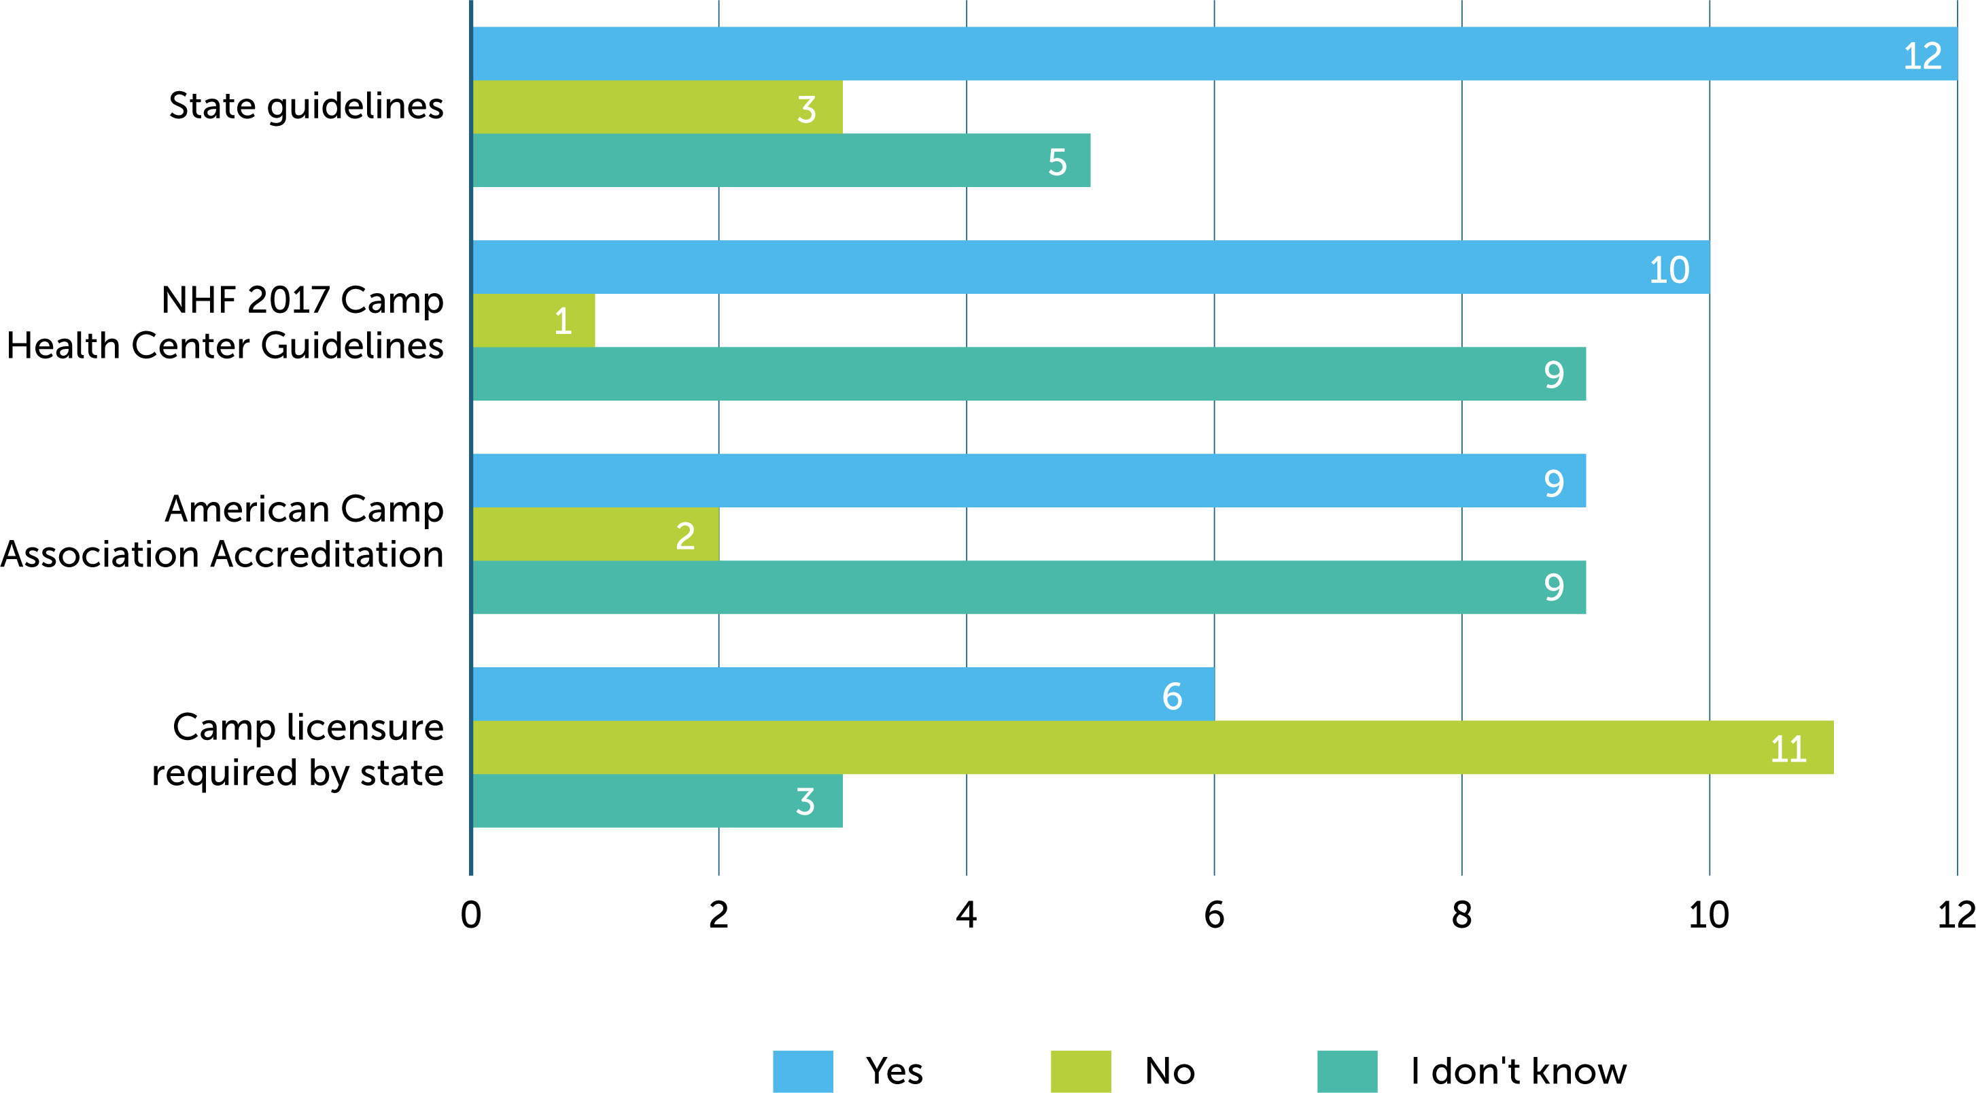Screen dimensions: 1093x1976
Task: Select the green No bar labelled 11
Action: (x=1151, y=747)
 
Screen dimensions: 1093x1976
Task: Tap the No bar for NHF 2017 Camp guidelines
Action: (x=534, y=321)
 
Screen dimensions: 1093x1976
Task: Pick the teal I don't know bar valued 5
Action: (x=781, y=161)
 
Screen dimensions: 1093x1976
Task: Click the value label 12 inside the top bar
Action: (x=1922, y=56)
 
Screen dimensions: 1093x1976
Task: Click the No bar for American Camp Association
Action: (x=596, y=534)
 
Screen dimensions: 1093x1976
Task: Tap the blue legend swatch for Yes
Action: (x=802, y=1071)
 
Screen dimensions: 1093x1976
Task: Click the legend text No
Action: (x=1169, y=1071)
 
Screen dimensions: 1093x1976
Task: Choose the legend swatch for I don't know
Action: (x=1347, y=1071)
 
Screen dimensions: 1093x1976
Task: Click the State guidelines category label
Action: (x=305, y=106)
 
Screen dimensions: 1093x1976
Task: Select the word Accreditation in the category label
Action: (x=327, y=554)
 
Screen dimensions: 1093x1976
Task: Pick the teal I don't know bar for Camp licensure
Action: (x=657, y=801)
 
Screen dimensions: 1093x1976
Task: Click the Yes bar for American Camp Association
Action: (x=1028, y=480)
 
